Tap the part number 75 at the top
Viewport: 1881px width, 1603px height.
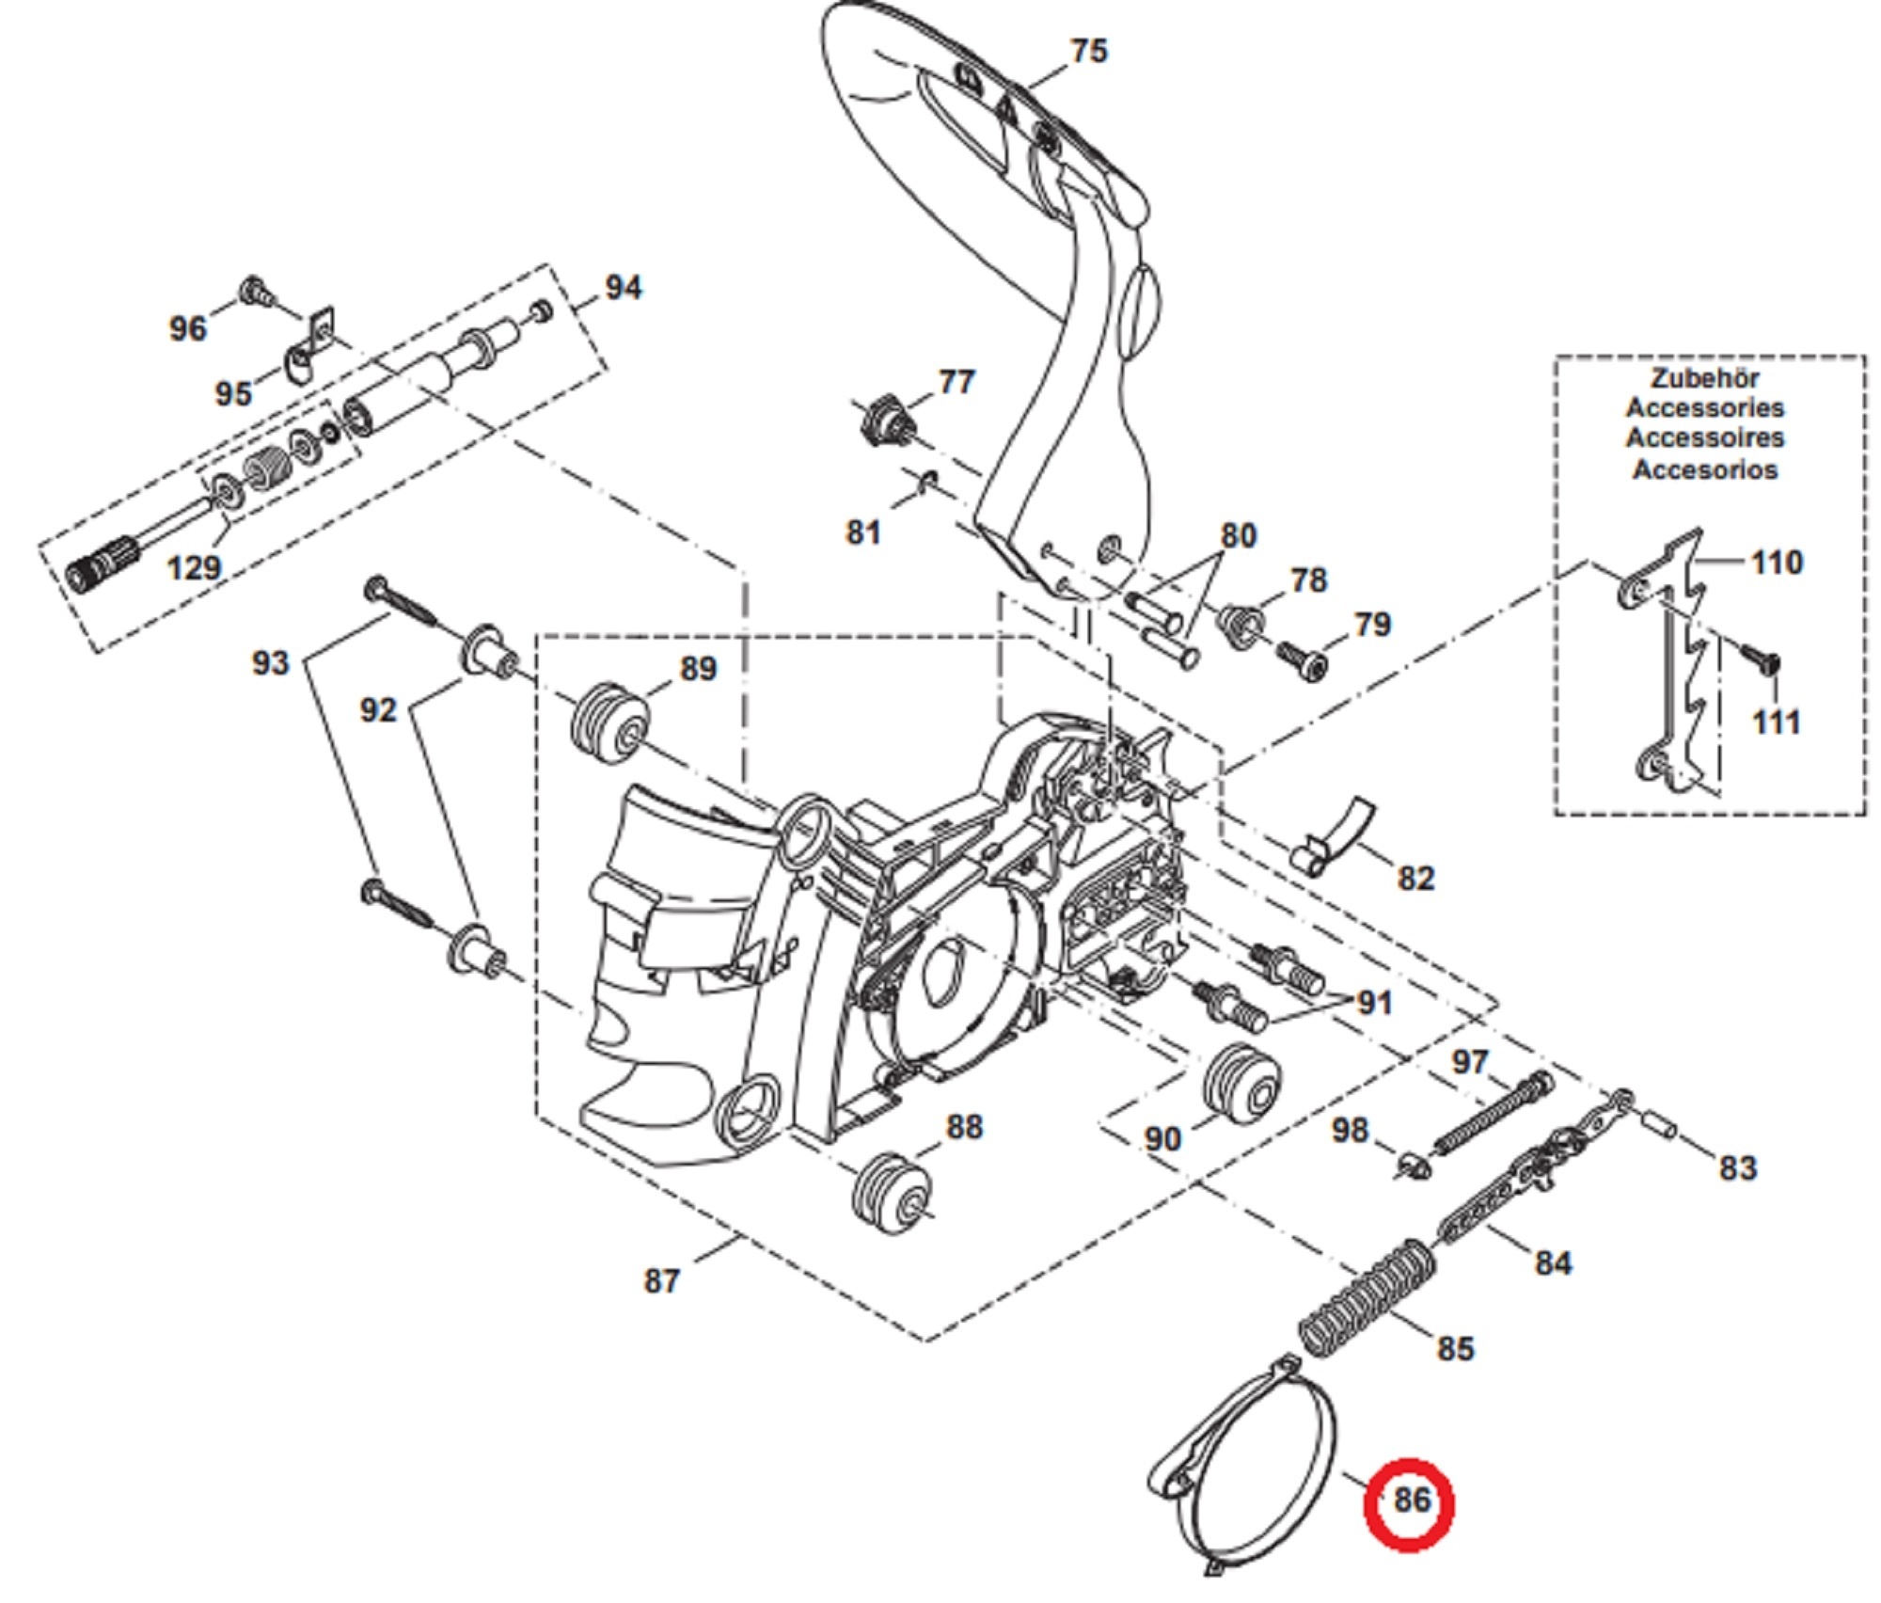[x=1088, y=50]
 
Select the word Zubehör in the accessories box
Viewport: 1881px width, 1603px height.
[x=1704, y=378]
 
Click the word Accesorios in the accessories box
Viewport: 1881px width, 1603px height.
[x=1704, y=468]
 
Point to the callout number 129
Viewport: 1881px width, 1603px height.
[x=193, y=567]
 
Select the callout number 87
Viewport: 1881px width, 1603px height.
[x=661, y=1280]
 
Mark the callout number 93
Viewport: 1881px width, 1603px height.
[x=270, y=662]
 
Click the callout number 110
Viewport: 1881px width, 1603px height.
[x=1776, y=562]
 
